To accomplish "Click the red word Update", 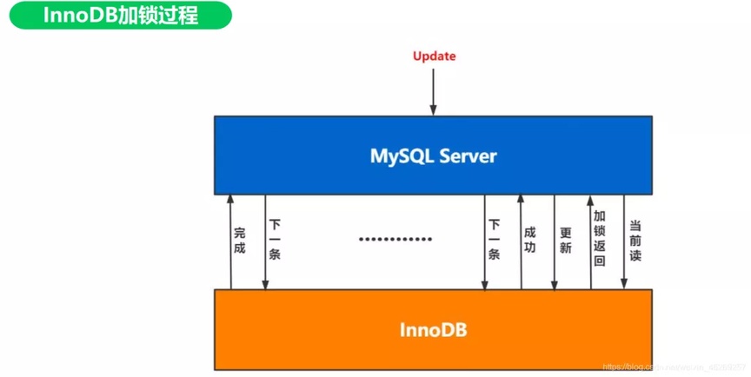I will point(434,56).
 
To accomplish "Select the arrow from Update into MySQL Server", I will point(434,91).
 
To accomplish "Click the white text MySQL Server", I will point(434,156).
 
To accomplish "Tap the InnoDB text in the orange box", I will point(434,330).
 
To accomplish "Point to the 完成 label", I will point(240,241).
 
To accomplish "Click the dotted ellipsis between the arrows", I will point(395,239).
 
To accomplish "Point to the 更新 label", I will point(565,241).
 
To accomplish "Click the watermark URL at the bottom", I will point(675,368).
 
